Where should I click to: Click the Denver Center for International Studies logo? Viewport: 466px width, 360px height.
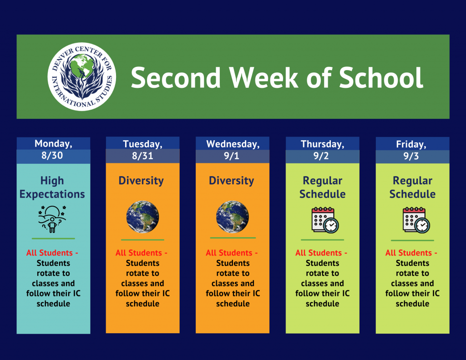coord(82,77)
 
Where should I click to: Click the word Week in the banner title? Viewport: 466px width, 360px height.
coord(263,77)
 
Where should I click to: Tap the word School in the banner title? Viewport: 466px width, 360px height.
coord(381,77)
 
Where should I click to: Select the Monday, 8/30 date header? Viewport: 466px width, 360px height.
coord(53,150)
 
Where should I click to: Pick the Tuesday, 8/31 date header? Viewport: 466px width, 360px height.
coord(142,150)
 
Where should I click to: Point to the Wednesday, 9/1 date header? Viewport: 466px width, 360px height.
coord(233,150)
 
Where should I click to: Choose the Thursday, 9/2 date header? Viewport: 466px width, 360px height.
coord(323,150)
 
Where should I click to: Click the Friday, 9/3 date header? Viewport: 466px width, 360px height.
coord(412,150)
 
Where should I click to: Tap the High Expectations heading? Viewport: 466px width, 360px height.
coord(52,188)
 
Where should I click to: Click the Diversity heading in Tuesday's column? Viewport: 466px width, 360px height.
coord(141,180)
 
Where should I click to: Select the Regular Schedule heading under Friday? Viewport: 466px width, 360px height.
coord(412,188)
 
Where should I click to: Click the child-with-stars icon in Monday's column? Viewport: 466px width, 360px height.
coord(52,219)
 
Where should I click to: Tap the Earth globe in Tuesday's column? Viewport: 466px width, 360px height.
coord(142,217)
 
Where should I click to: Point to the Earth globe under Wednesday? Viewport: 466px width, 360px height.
coord(233,217)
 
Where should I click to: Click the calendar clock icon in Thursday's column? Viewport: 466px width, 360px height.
coord(325,220)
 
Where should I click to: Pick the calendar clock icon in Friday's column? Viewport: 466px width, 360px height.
coord(416,220)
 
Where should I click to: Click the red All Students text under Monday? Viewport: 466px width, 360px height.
coord(52,253)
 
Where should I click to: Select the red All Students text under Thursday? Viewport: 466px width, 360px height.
coord(321,253)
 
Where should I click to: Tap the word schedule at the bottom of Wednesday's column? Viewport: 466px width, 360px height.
coord(233,304)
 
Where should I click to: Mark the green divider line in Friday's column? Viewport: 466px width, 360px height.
coord(412,240)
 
